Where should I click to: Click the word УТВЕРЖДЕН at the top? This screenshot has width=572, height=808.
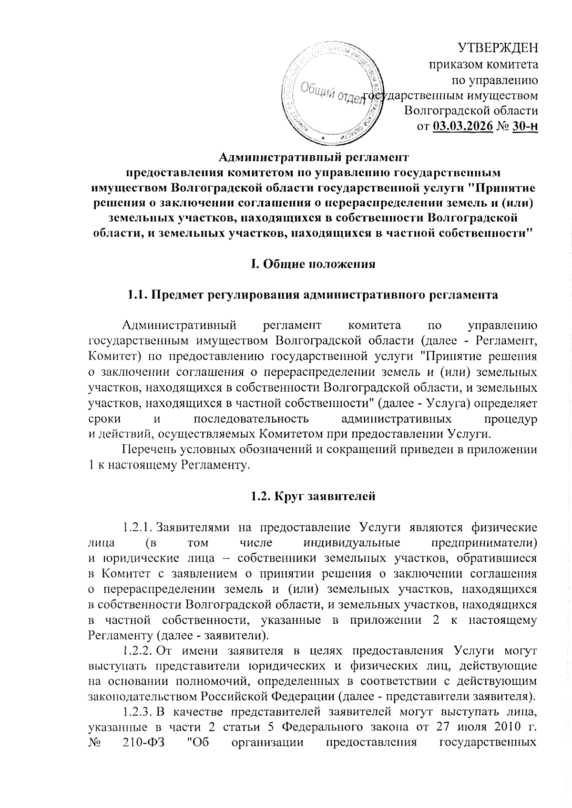[x=498, y=48]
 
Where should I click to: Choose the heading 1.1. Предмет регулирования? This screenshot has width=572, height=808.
[x=313, y=295]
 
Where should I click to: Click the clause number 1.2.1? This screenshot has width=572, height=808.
[x=138, y=527]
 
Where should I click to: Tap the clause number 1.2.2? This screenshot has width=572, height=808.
[x=138, y=650]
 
